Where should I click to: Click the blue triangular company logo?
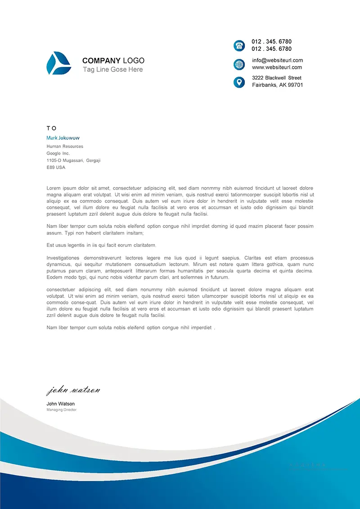58,63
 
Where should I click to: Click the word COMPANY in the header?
101,61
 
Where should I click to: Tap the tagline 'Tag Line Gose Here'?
112,70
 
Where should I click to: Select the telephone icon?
239,45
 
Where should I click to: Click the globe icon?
239,64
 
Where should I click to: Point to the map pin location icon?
239,82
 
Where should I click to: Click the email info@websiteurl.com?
277,60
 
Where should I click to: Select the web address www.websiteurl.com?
277,67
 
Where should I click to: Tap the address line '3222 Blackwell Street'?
277,78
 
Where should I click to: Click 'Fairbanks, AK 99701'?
277,85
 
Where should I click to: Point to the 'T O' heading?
51,128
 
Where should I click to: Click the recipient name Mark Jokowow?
63,138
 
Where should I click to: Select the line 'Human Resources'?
65,146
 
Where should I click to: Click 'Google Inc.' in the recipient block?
58,153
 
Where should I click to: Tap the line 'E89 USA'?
56,167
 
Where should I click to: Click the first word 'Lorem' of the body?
54,188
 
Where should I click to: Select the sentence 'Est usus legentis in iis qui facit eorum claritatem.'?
101,245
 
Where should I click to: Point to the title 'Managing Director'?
62,410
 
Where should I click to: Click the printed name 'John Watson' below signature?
61,404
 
